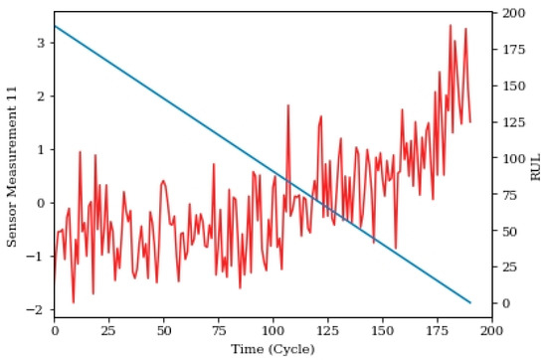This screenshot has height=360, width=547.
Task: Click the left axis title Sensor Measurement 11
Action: pos(12,165)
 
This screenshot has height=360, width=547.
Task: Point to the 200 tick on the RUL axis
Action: pos(511,14)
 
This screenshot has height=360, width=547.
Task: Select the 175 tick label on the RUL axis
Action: pos(511,50)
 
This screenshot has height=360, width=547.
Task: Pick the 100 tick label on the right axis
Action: pos(511,158)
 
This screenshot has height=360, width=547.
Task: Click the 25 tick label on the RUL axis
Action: pos(507,267)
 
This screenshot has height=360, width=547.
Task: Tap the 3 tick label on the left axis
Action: pos(39,43)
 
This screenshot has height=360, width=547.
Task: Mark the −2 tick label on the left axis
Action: pos(36,310)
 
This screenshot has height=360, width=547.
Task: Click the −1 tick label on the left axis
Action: pos(36,257)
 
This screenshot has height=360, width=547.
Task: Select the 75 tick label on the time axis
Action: pos(219,330)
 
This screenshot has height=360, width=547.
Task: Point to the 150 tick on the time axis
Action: pos(383,330)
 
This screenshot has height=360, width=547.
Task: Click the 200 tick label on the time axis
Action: pos(492,330)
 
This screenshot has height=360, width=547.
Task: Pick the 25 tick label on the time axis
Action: pos(109,330)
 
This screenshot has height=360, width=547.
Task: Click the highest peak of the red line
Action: pos(450,25)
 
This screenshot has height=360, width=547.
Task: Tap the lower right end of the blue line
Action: pos(470,302)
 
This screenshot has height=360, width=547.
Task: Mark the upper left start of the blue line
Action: pos(55,26)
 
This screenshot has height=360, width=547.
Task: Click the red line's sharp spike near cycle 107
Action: pos(288,104)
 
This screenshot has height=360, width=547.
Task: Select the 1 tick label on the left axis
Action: pos(39,150)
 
